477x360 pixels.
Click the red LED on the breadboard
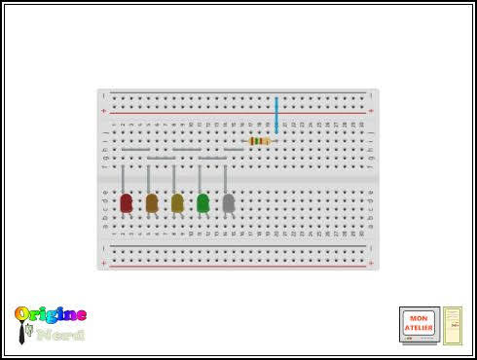126,203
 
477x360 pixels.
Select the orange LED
152,203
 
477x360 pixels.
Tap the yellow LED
177,203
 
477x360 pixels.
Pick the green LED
202,203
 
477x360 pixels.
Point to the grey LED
229,203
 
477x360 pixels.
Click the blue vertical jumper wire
276,116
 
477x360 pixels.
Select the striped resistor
259,141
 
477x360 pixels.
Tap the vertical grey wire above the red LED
123,177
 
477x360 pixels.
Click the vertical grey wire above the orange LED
148,178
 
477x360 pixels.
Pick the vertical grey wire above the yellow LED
174,178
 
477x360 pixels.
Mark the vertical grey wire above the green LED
200,178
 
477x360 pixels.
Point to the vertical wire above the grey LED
225,178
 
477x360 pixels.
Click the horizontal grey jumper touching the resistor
235,149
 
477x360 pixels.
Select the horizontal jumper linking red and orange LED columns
135,149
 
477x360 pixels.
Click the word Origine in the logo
51,315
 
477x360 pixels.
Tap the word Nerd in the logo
60,335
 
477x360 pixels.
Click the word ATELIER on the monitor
419,328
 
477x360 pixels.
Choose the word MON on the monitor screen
419,319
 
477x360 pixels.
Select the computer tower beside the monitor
453,326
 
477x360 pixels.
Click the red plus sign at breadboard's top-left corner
103,111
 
